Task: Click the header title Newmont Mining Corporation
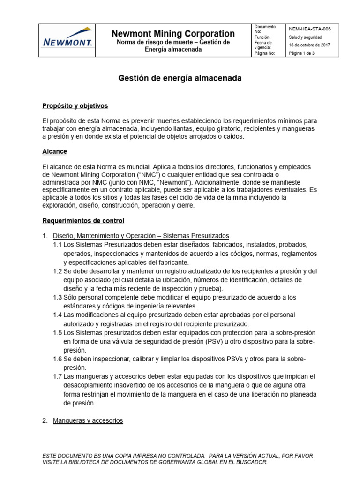173,34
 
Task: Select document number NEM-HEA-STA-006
310,29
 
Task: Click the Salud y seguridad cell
305,37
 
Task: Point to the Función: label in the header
262,37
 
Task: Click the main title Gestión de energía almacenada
180,79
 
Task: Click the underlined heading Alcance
54,152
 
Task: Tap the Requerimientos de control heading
83,220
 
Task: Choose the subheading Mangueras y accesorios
88,421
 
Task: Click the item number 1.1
57,245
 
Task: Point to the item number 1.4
57,315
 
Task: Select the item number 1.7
57,376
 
